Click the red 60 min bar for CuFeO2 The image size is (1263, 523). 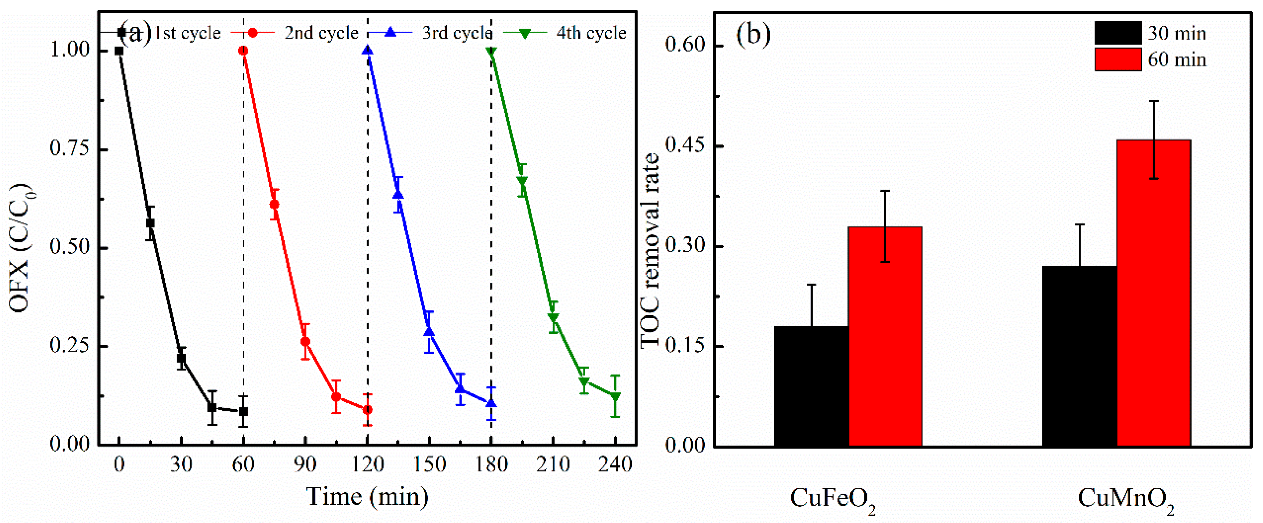885,336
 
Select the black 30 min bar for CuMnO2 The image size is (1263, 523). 1079,356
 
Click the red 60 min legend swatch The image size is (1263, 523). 1118,59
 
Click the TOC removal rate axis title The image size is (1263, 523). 651,250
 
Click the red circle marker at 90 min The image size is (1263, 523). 305,342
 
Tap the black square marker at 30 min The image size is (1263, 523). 181,358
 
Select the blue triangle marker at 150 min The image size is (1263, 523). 429,332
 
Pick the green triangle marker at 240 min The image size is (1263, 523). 615,397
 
